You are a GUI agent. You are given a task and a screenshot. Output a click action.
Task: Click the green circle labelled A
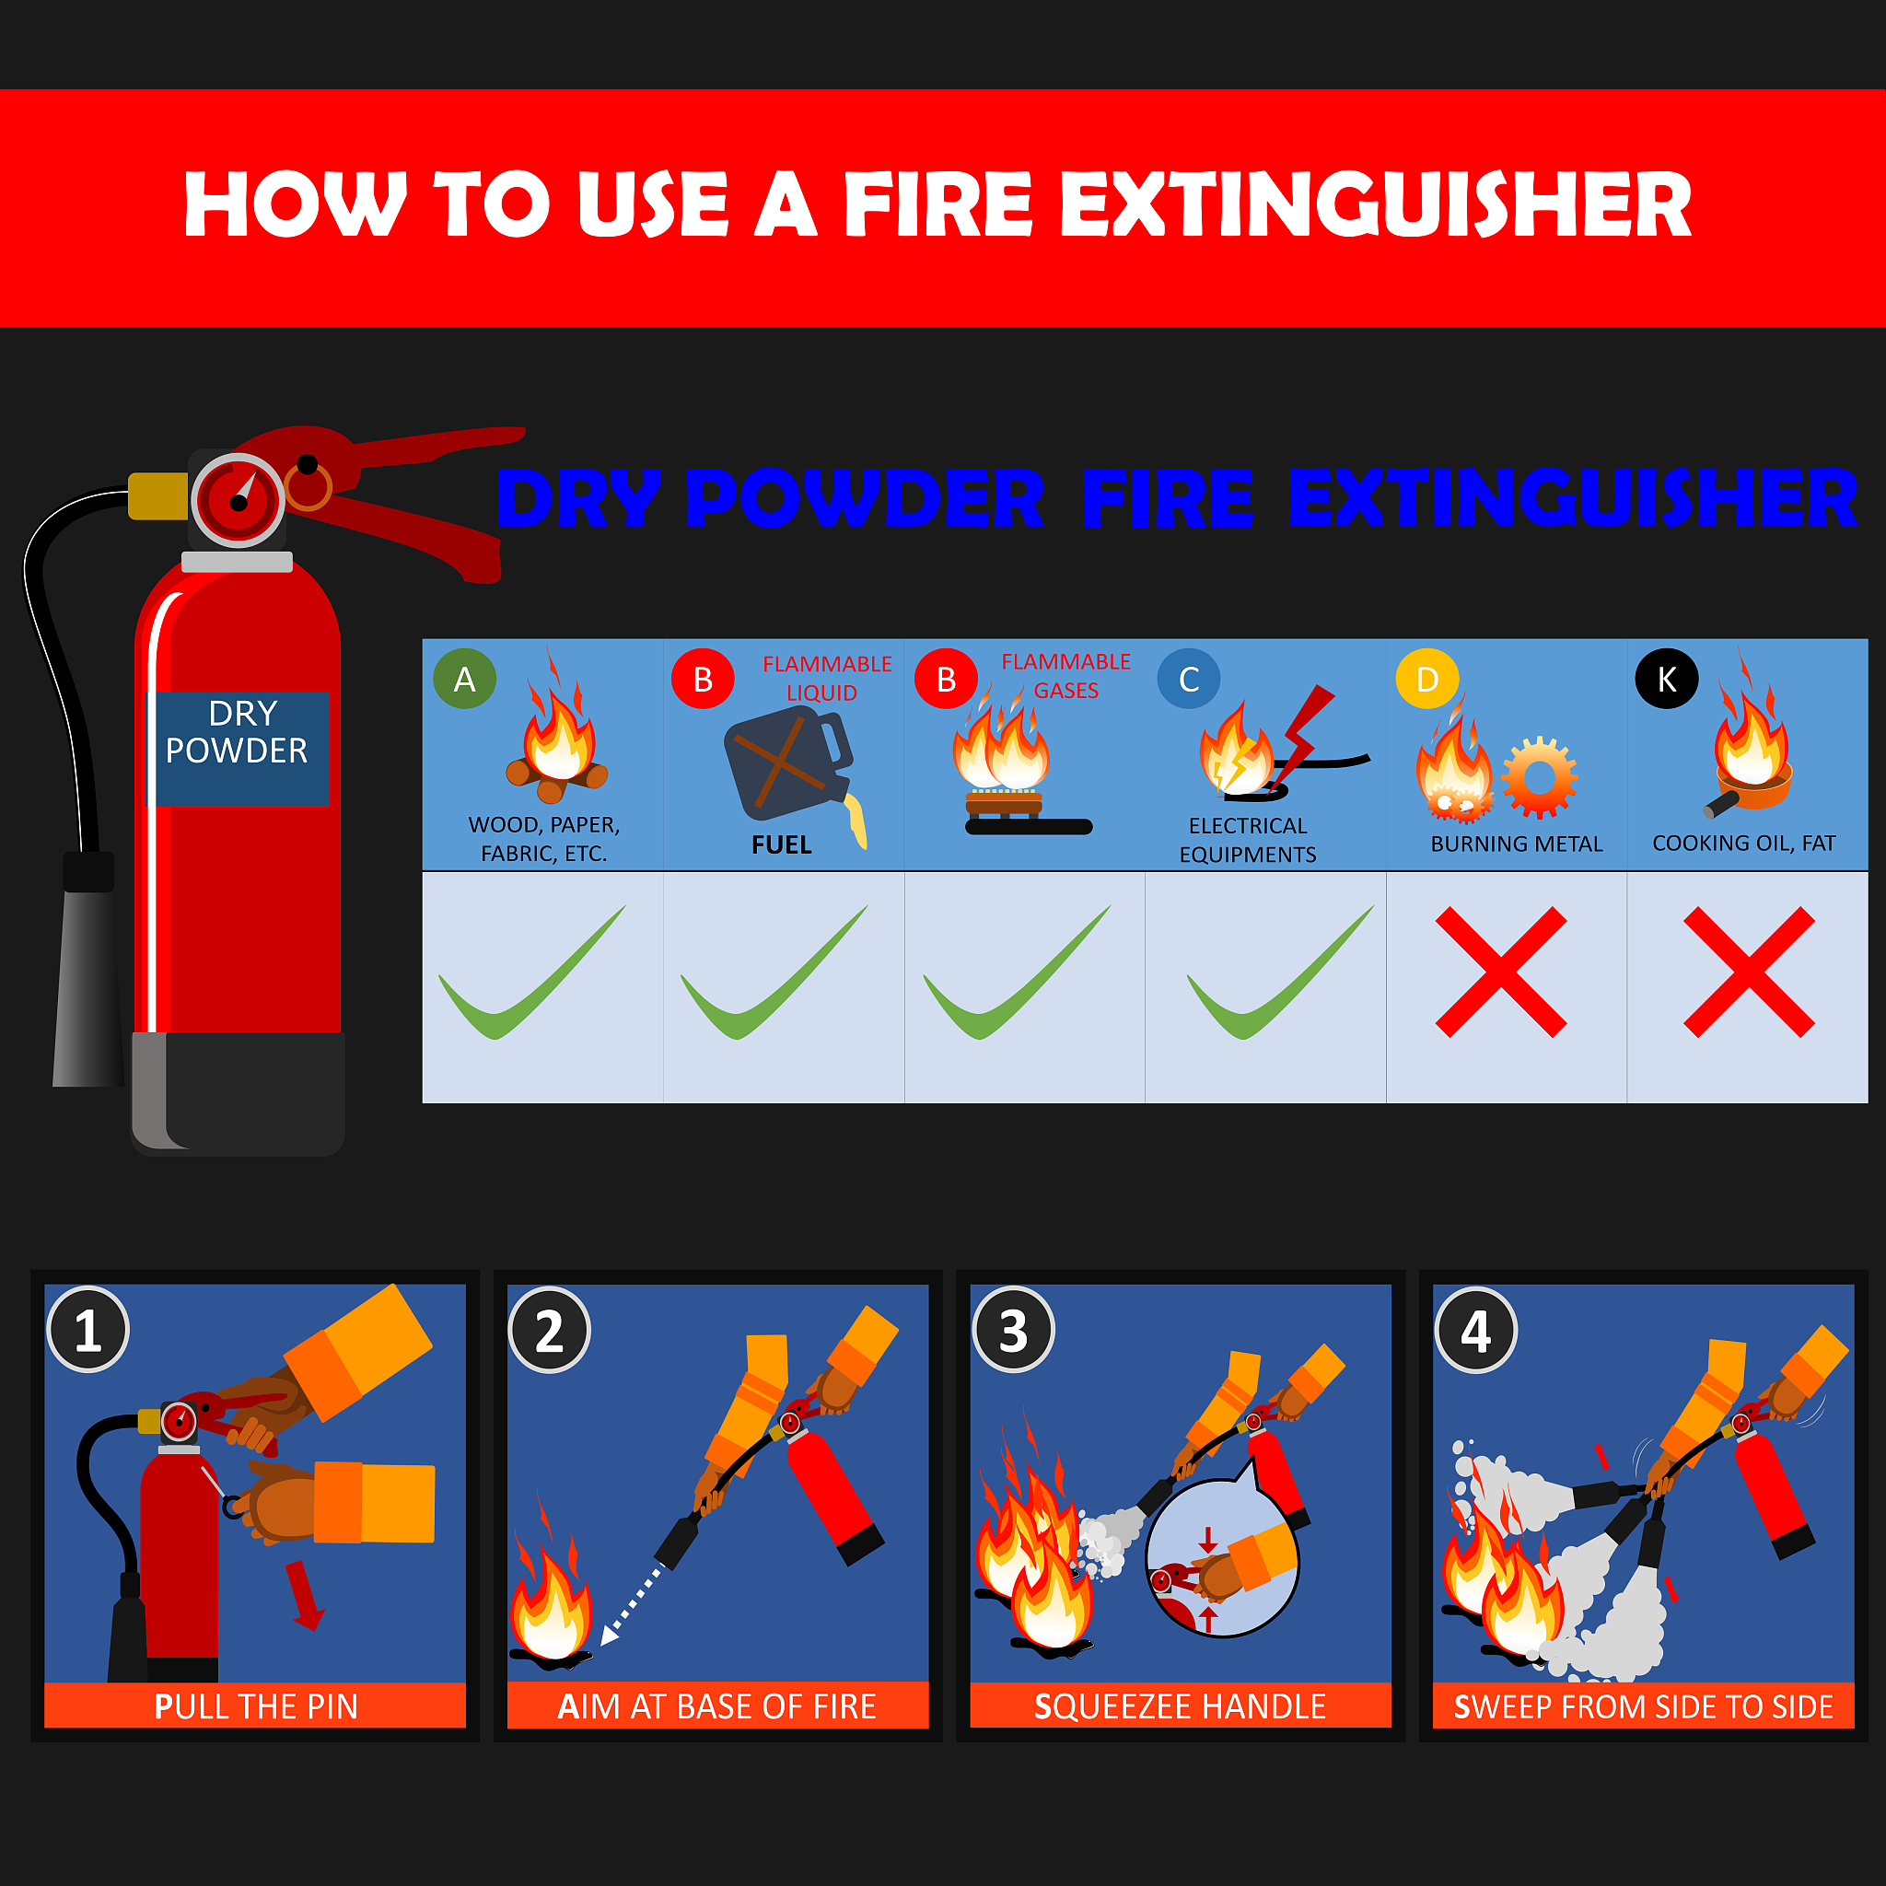click(x=465, y=679)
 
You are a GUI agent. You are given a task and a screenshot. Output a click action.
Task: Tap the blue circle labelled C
click(x=1188, y=679)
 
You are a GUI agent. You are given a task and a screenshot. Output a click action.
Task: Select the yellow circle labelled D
click(x=1427, y=679)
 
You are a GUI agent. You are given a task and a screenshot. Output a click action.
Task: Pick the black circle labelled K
click(x=1666, y=679)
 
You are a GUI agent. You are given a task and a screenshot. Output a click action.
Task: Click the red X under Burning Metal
click(x=1501, y=972)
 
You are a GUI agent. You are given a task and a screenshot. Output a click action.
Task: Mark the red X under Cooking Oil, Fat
click(x=1750, y=972)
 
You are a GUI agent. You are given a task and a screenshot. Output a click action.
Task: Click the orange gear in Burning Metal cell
click(x=1540, y=777)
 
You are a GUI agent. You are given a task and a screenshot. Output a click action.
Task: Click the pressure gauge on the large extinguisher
click(x=238, y=501)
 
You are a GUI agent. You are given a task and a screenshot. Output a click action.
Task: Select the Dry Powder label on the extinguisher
click(x=238, y=749)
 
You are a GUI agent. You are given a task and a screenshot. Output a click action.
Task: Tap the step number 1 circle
click(x=87, y=1330)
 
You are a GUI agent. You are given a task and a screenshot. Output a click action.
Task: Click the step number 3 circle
click(x=1013, y=1330)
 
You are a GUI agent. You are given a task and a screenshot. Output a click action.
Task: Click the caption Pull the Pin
click(x=256, y=1706)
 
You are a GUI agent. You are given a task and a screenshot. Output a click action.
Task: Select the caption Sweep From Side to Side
click(x=1643, y=1706)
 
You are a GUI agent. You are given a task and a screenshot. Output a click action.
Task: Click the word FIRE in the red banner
click(x=938, y=204)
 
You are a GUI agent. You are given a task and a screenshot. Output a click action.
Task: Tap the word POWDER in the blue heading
click(x=865, y=498)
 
